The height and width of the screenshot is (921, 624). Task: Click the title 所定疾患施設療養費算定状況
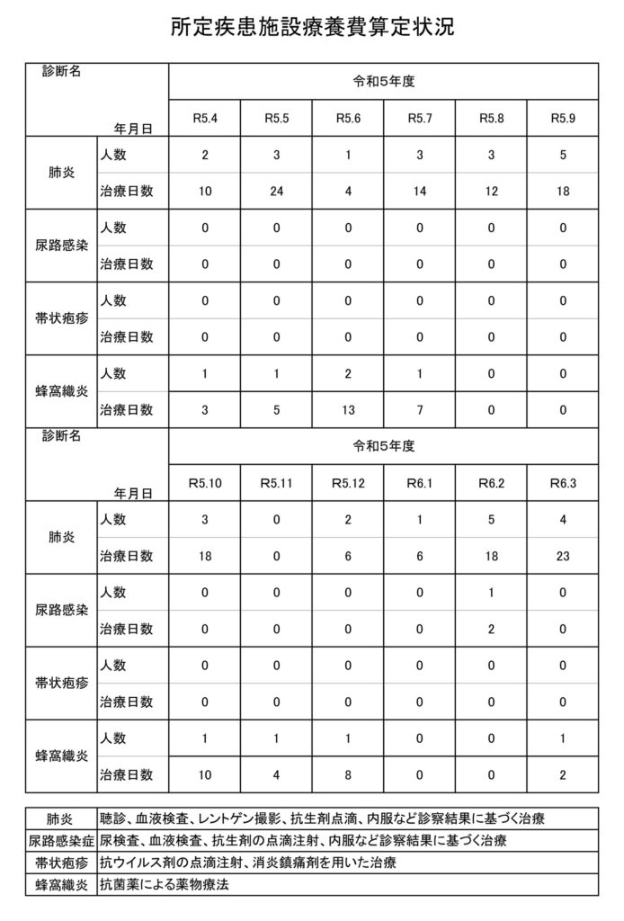click(x=312, y=27)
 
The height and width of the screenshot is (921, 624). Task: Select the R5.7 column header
click(x=420, y=118)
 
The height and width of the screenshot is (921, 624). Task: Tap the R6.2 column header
click(x=492, y=483)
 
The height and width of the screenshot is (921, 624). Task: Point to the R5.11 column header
click(x=276, y=483)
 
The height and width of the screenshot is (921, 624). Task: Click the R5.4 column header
click(x=205, y=118)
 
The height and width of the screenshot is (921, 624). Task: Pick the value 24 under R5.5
click(x=276, y=191)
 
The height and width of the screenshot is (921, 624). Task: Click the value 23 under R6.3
click(x=563, y=556)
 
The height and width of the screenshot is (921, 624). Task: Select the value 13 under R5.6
click(x=348, y=410)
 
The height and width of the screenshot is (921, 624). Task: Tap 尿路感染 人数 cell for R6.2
click(x=492, y=593)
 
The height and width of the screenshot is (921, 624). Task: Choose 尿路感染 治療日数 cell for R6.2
click(x=492, y=629)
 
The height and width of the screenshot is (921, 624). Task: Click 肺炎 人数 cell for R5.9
click(x=563, y=155)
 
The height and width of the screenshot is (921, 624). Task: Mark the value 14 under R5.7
click(x=420, y=191)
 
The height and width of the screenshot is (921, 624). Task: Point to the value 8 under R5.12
click(x=348, y=774)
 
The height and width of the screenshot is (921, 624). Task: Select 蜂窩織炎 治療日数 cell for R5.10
click(x=205, y=774)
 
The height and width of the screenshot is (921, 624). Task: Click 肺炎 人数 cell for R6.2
click(x=492, y=520)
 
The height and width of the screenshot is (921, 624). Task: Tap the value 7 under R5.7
click(x=420, y=410)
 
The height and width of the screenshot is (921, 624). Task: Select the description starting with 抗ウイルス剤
click(x=247, y=863)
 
